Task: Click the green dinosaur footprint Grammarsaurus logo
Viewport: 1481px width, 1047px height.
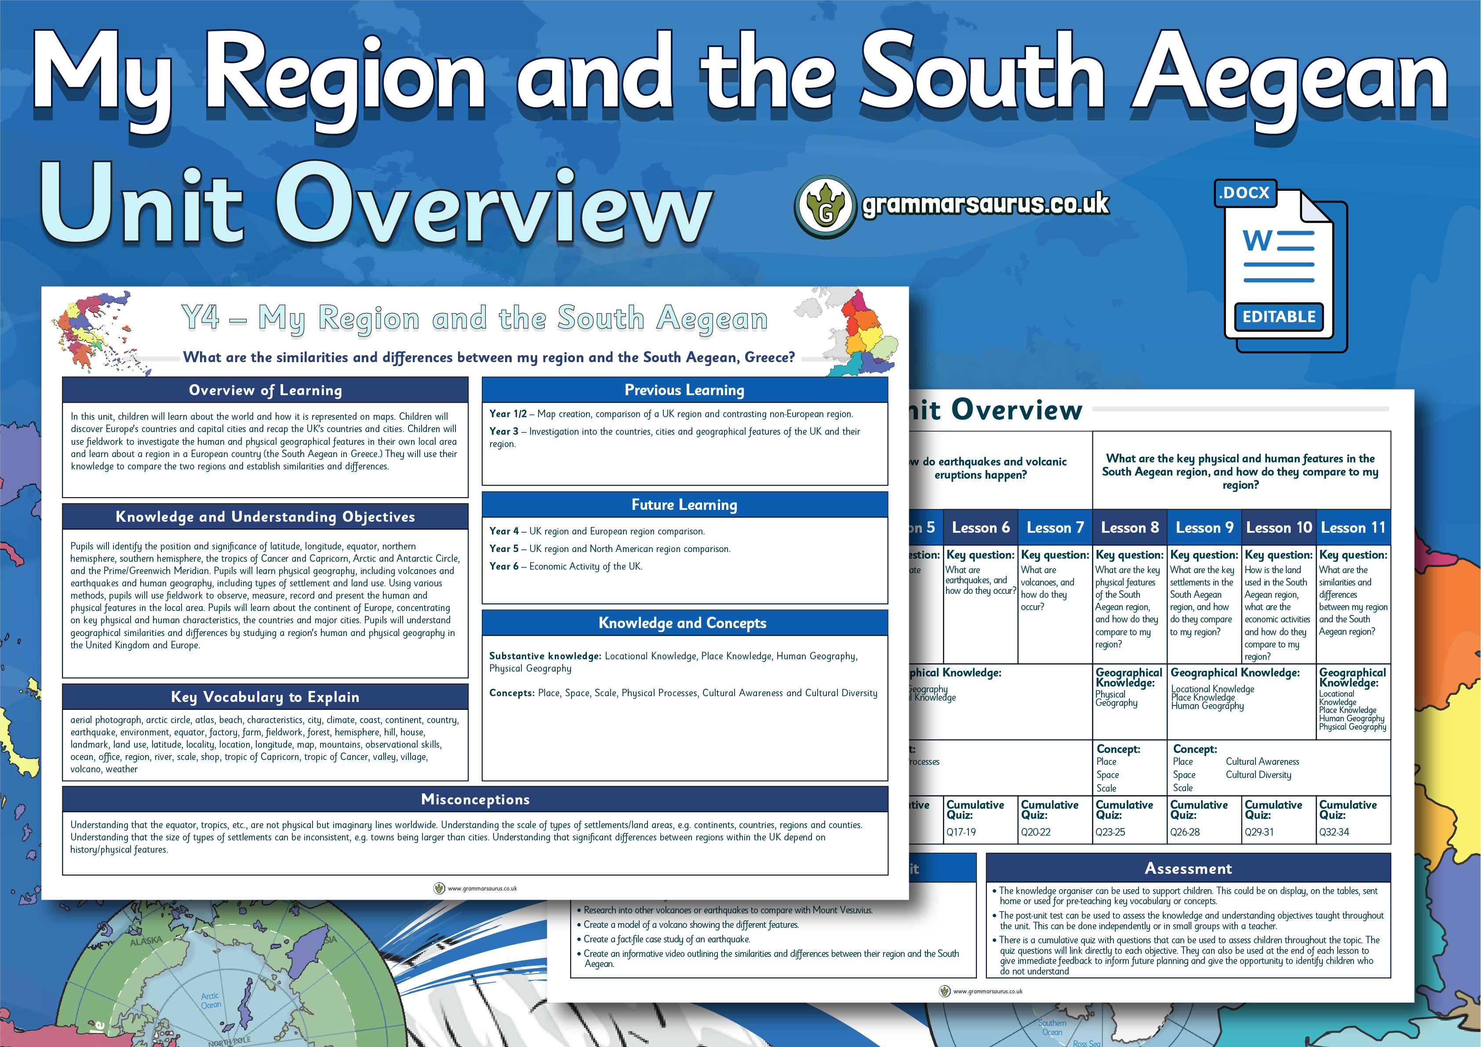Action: [825, 207]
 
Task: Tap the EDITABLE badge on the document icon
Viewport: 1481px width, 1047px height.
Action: [1278, 317]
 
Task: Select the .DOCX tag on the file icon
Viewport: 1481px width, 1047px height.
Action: [1245, 193]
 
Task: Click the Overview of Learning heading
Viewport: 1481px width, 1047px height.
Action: [265, 390]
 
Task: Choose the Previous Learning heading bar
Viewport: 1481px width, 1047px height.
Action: [684, 390]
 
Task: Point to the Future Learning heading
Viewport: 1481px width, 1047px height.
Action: [684, 505]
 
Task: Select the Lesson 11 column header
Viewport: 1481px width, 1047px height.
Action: [1353, 528]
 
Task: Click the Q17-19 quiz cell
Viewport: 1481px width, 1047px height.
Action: [961, 832]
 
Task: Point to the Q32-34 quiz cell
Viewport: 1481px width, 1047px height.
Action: [1334, 832]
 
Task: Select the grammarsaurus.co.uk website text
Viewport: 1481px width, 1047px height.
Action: [986, 204]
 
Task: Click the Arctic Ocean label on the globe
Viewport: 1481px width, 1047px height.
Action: [210, 1000]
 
